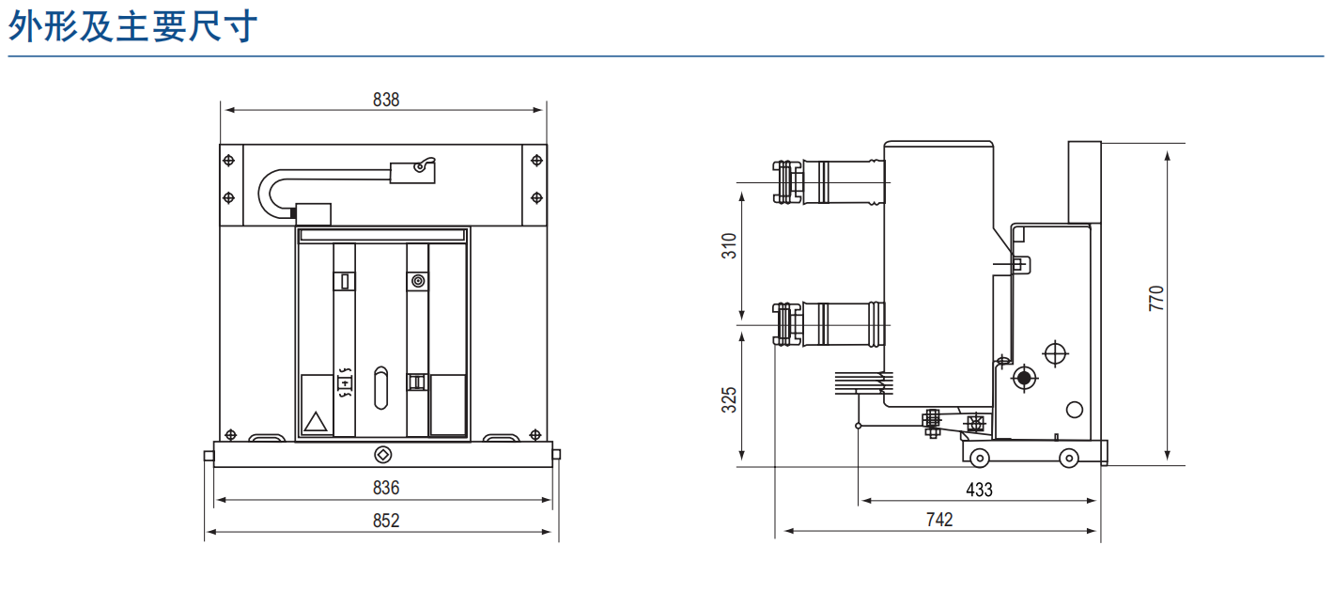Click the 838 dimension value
(385, 100)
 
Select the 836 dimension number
(385, 488)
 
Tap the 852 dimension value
(385, 521)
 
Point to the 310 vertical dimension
(729, 245)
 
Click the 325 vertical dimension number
(729, 399)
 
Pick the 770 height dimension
(1155, 298)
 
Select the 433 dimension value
(979, 490)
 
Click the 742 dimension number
(939, 520)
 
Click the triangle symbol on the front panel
(316, 422)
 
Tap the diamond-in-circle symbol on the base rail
(383, 455)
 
